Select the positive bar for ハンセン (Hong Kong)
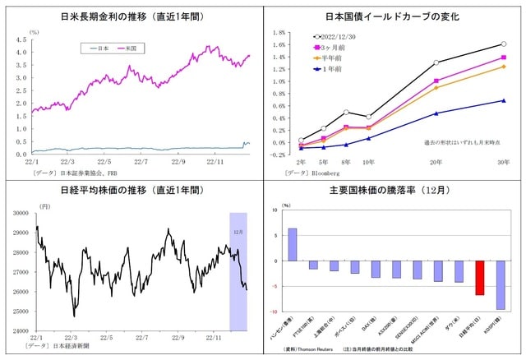pos(292,244)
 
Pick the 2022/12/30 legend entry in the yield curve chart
pos(335,37)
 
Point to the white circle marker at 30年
pos(503,44)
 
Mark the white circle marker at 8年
pos(346,112)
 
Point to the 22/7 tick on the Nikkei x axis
pos(142,337)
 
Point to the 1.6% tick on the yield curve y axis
pos(279,45)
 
